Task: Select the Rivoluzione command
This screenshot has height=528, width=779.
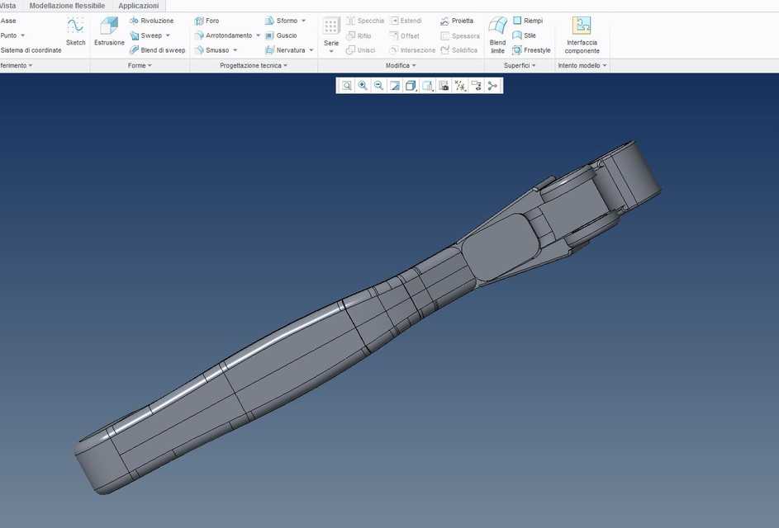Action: [152, 21]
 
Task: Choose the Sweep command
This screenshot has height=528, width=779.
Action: [150, 35]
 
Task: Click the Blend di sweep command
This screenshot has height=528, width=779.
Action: [158, 50]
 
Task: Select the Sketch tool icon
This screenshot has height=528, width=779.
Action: [75, 31]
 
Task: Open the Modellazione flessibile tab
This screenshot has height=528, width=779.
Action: [67, 6]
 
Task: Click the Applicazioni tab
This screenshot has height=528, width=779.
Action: [138, 6]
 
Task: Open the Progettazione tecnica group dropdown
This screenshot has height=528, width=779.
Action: [254, 65]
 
